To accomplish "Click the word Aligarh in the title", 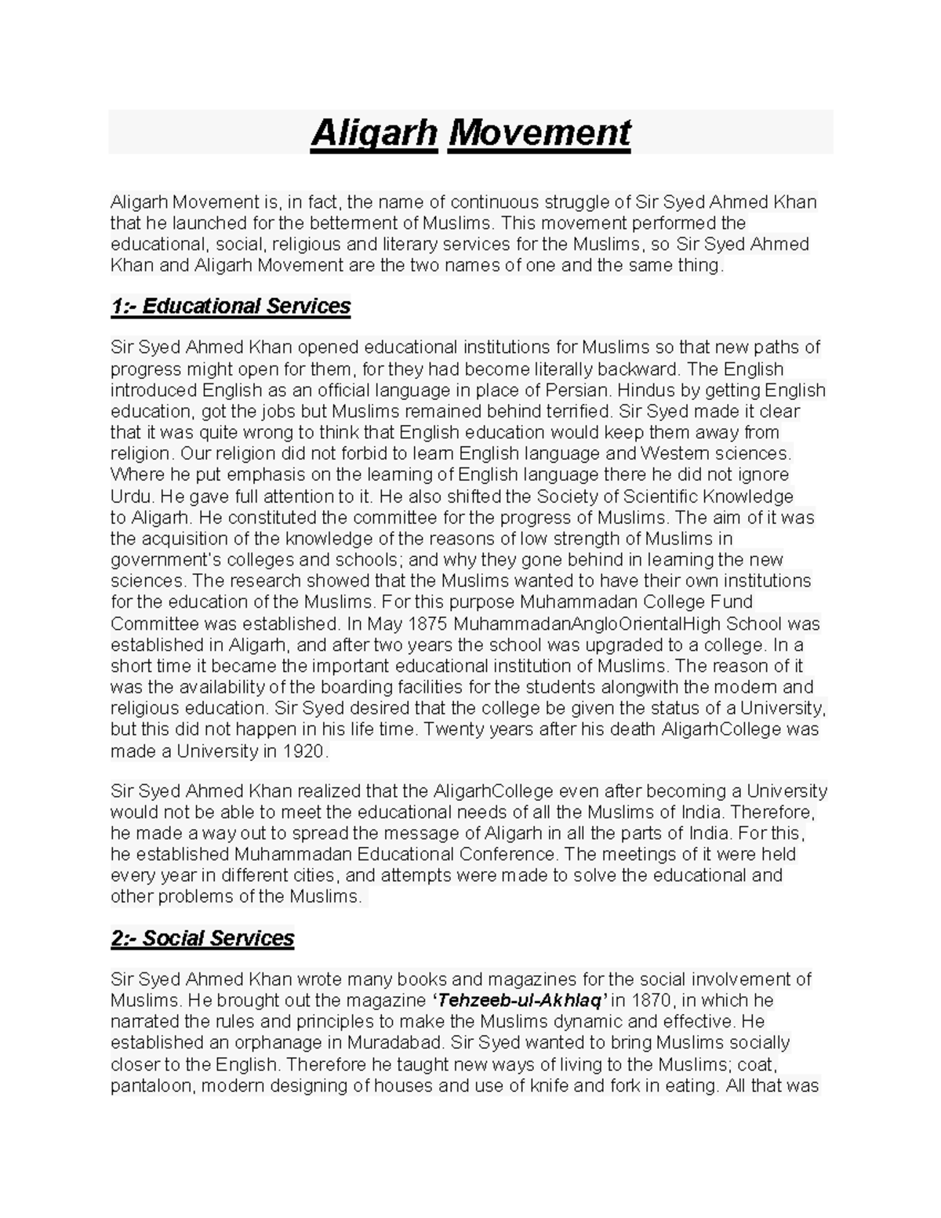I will (374, 133).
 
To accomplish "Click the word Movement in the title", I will (539, 133).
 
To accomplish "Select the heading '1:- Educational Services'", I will (231, 306).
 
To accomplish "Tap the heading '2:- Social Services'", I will (202, 938).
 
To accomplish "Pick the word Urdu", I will (132, 496).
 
